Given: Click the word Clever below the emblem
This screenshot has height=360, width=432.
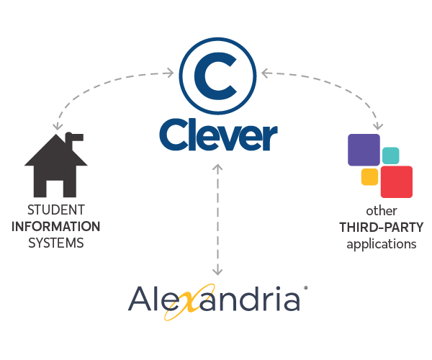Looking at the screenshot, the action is click(218, 135).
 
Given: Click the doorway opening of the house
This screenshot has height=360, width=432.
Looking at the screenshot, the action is click(55, 189).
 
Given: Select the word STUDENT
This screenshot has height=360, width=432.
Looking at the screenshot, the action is click(56, 210).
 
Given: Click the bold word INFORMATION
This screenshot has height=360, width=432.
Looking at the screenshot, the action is click(56, 227).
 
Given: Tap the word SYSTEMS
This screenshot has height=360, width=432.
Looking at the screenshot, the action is click(56, 243).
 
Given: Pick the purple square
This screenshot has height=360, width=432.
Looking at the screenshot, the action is click(364, 150).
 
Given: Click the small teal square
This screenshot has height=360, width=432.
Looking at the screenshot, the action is click(391, 156).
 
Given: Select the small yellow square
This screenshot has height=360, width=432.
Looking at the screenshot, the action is click(369, 177).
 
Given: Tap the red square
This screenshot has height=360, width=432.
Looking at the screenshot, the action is click(397, 181).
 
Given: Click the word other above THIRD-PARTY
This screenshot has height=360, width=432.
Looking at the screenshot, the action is click(382, 211).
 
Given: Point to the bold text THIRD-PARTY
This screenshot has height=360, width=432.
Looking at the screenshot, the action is click(382, 228).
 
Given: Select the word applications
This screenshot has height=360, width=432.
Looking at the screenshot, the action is click(382, 245).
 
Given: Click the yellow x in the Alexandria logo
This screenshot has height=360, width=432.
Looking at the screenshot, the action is click(190, 302).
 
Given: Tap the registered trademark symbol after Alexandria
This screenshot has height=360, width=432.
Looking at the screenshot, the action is click(305, 288).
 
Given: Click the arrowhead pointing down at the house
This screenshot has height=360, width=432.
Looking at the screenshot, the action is click(58, 126).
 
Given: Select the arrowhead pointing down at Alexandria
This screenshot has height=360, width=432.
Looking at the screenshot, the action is click(217, 271).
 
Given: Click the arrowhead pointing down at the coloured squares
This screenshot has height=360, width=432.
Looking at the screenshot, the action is click(378, 126).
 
